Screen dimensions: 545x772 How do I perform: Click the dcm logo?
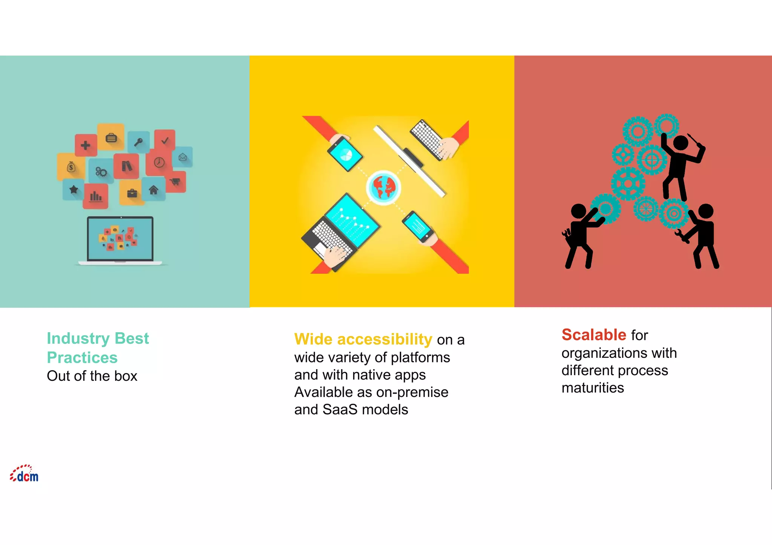tap(25, 474)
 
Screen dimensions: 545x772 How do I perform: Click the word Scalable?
tap(594, 335)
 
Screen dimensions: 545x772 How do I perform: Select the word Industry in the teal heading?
tap(78, 339)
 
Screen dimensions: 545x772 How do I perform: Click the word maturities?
tap(593, 388)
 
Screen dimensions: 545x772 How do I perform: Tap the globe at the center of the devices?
tap(383, 187)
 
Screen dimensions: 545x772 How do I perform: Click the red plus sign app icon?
tap(86, 145)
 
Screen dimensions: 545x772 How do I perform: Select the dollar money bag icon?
tap(71, 166)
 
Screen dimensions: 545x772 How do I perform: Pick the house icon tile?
tap(153, 190)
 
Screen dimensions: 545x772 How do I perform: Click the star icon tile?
tap(74, 189)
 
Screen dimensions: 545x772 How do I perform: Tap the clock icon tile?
tap(159, 162)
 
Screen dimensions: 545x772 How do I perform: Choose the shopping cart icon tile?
tap(175, 182)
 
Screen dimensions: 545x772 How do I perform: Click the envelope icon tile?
tap(183, 157)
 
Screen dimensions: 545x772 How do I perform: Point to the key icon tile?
tap(139, 142)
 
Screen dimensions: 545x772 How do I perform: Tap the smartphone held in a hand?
tap(418, 226)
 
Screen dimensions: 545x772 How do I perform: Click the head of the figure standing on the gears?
tap(680, 143)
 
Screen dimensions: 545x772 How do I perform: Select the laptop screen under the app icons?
tap(120, 239)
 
